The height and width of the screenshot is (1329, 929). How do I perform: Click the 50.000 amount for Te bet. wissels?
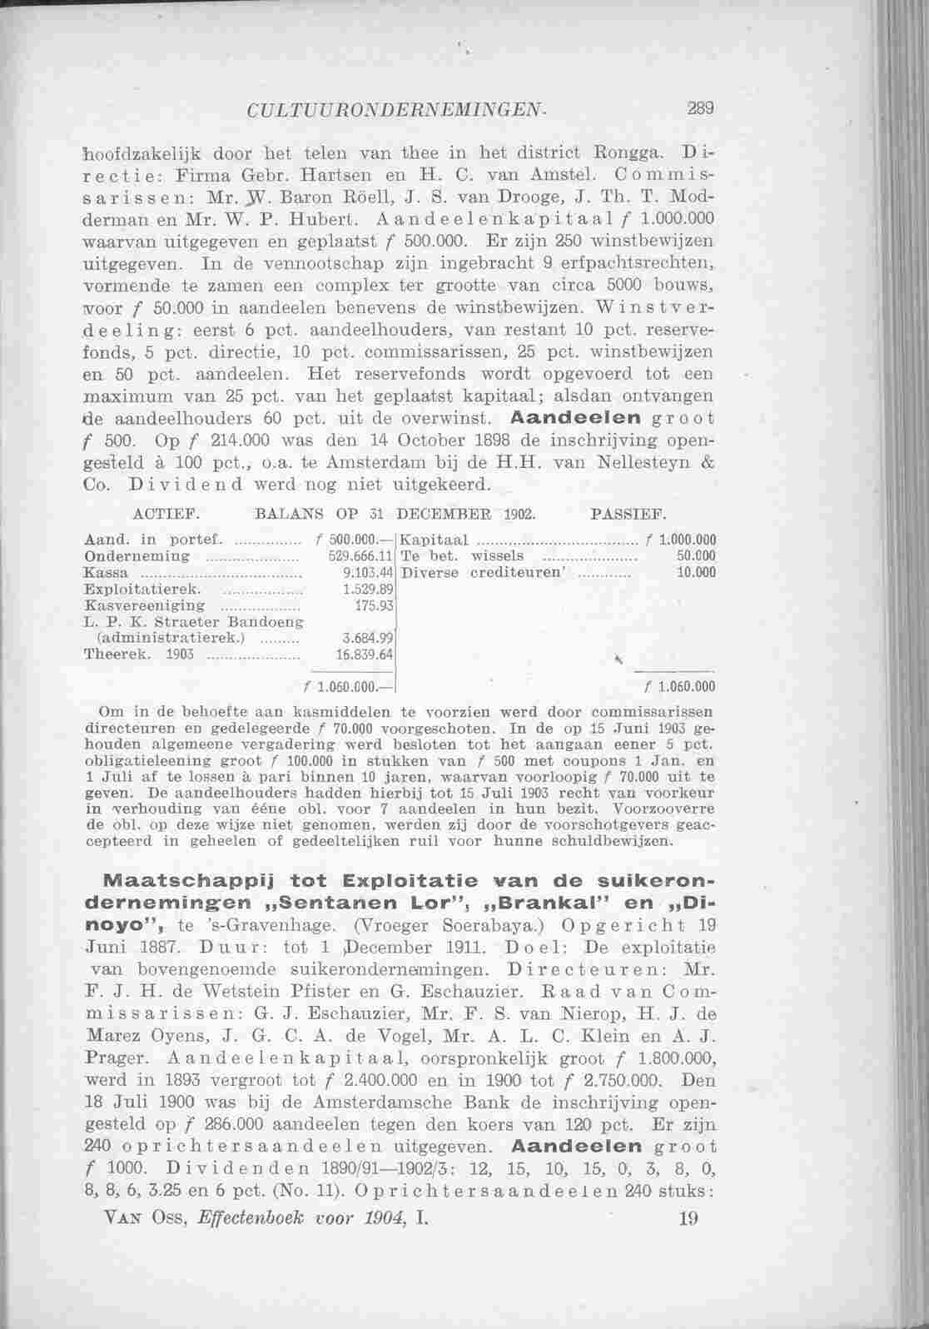coord(698,555)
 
